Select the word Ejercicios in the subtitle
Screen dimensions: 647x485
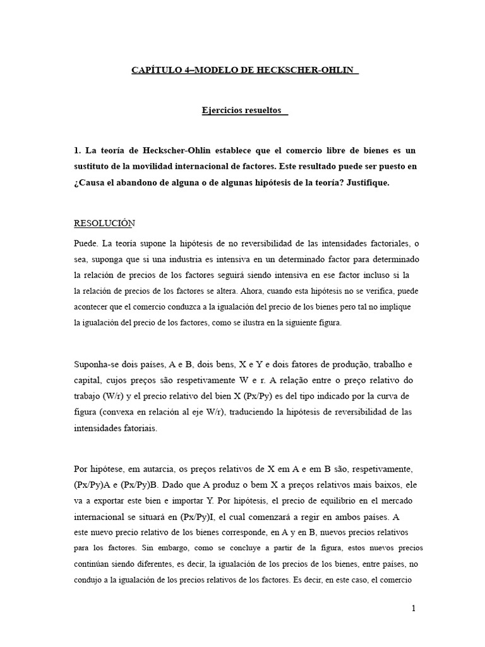click(x=224, y=111)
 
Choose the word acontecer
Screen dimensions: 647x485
click(x=94, y=307)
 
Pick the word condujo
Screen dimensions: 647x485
click(x=90, y=579)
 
